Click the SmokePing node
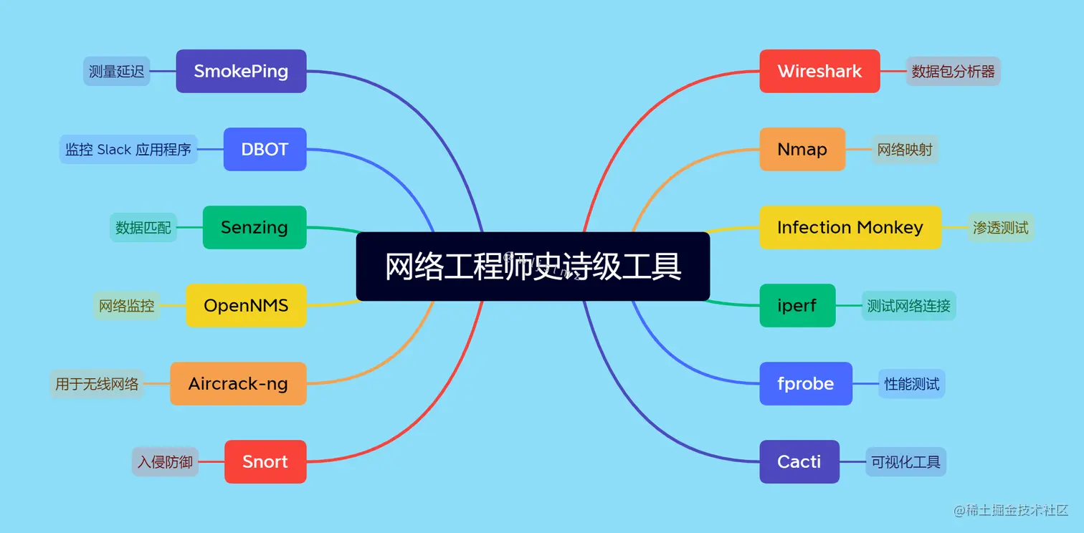pos(241,71)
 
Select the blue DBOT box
pos(265,149)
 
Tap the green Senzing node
pos(254,227)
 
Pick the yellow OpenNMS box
pos(246,305)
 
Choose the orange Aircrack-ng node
pos(238,383)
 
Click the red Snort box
pos(265,461)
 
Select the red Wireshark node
pos(819,71)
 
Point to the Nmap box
pos(802,149)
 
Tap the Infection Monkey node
pos(850,227)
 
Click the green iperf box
pos(797,305)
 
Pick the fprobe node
pos(806,383)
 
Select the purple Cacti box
pos(799,461)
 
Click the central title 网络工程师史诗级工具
pos(533,266)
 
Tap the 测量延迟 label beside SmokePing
pos(117,71)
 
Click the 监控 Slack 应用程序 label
pos(128,149)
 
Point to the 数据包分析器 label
pos(953,71)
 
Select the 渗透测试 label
pos(1000,227)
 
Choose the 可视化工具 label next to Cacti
pos(905,461)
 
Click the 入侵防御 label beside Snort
pos(165,461)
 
